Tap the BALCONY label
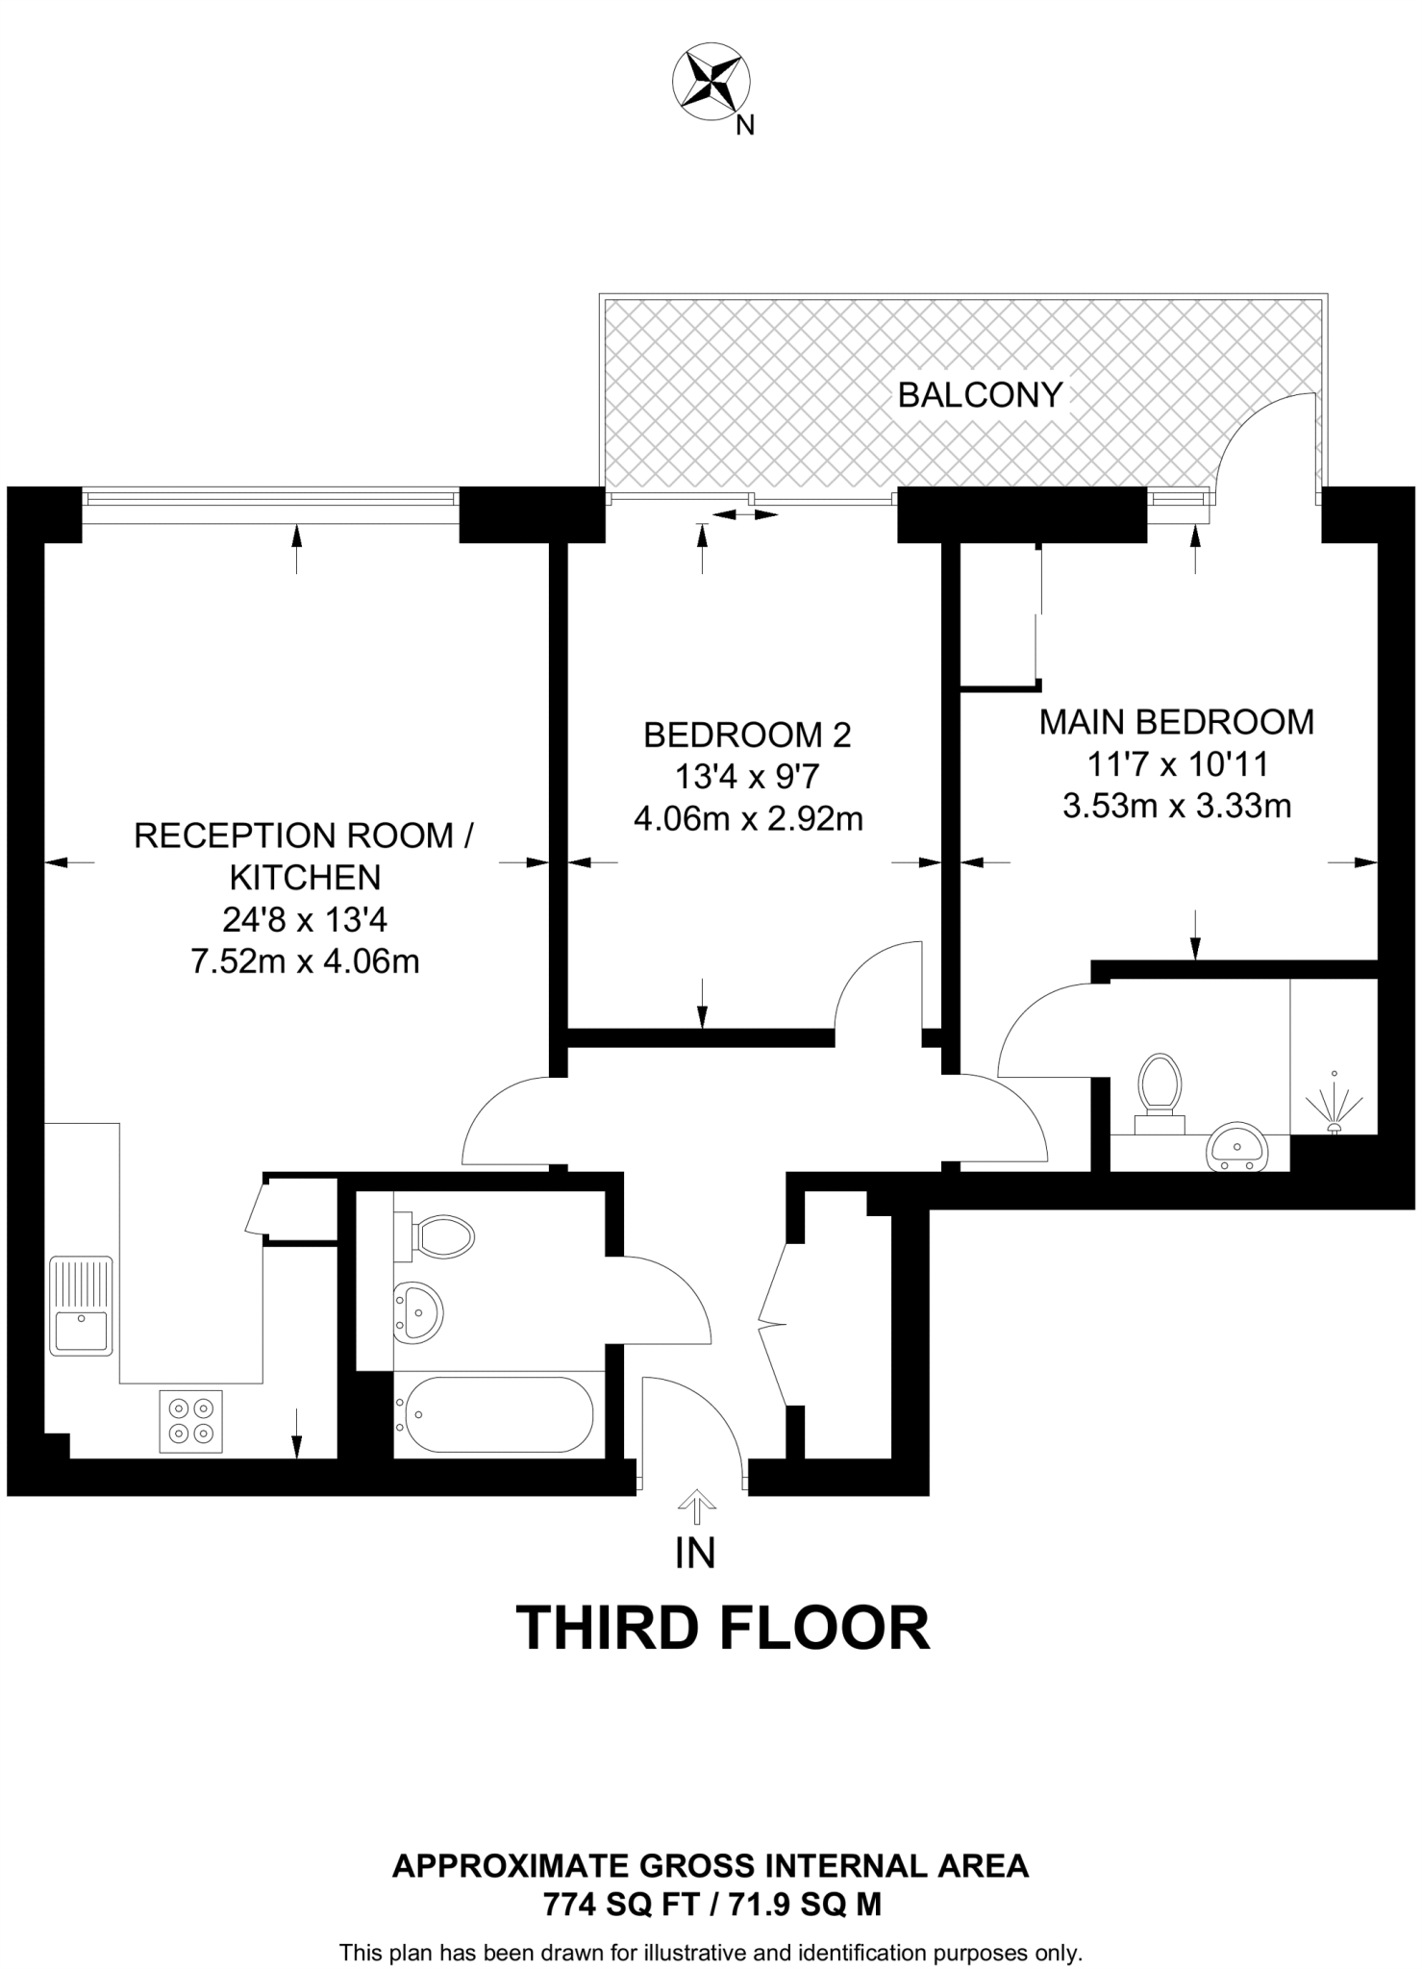click(x=980, y=395)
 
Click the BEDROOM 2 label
click(x=747, y=735)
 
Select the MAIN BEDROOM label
click(x=1176, y=722)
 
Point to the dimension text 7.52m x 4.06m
click(x=305, y=961)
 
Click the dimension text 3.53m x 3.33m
click(x=1176, y=806)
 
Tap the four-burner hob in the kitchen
click(x=189, y=1421)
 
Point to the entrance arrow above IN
click(x=696, y=1508)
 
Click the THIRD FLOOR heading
click(x=723, y=1628)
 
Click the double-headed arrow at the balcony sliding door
click(x=745, y=515)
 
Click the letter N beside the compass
click(x=744, y=125)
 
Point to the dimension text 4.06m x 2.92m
click(x=747, y=819)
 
